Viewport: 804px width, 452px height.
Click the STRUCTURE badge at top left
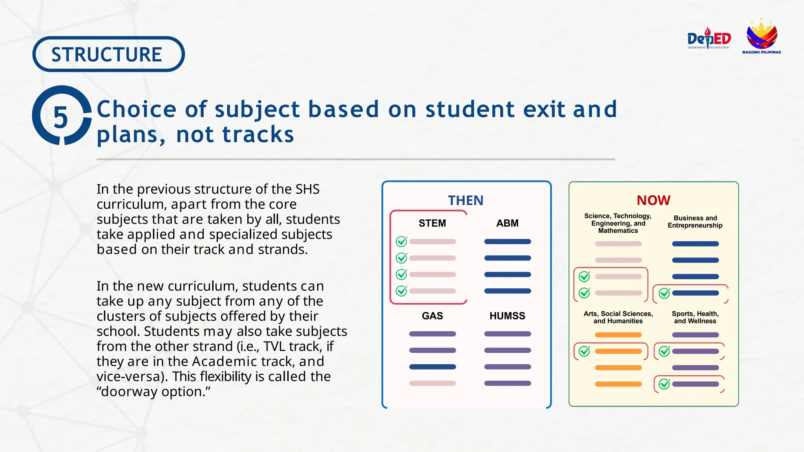point(108,54)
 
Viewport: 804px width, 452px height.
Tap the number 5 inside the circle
point(60,117)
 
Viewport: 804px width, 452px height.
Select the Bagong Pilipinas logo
point(761,36)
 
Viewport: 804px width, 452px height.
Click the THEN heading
point(466,200)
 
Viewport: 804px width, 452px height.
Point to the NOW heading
point(653,200)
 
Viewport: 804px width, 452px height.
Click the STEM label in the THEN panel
point(432,223)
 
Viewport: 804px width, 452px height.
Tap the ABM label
point(507,223)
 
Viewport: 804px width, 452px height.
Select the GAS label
point(432,316)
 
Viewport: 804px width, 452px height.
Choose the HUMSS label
point(507,316)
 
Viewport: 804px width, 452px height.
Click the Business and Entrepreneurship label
point(695,222)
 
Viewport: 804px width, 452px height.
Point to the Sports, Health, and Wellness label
point(695,317)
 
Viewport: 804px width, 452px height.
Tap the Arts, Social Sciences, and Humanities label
point(618,317)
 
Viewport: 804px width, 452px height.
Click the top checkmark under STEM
point(401,241)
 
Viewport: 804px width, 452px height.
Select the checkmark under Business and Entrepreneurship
point(664,293)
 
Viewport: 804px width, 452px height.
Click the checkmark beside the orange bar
point(584,351)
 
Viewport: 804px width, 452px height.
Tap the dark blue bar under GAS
point(432,367)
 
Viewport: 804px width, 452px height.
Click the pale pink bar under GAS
point(432,383)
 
